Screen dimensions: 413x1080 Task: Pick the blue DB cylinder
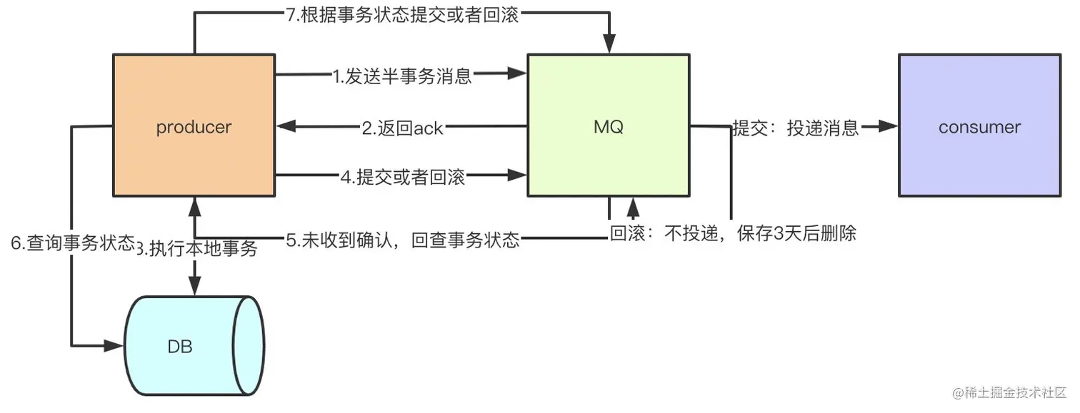(187, 347)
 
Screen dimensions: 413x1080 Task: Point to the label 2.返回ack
(403, 128)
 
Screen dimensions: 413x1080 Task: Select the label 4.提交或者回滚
(402, 177)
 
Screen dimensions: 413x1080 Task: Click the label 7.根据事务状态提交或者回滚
(402, 16)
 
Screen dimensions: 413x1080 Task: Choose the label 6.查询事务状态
(71, 243)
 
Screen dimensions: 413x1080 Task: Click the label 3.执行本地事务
(197, 249)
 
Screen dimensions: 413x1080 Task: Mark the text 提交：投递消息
(795, 128)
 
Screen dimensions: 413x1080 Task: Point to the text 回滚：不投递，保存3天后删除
(733, 234)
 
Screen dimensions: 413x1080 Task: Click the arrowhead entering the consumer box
(889, 126)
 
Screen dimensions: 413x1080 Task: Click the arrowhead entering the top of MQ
(609, 45)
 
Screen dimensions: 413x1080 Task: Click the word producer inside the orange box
(194, 127)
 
